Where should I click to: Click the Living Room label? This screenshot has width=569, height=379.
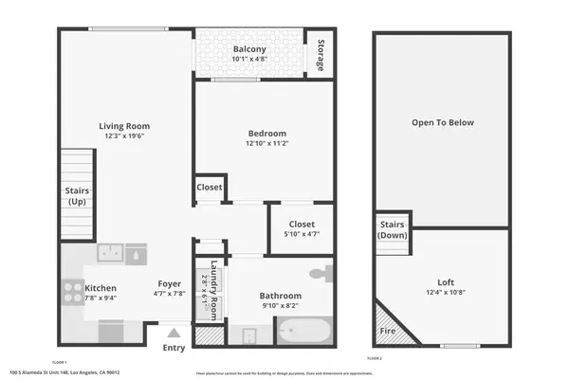click(x=125, y=126)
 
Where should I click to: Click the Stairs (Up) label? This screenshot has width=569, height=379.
click(x=77, y=196)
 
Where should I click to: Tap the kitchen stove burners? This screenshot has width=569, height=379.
click(x=72, y=290)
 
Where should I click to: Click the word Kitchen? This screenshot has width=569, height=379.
click(x=101, y=288)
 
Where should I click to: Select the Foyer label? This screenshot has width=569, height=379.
click(x=170, y=282)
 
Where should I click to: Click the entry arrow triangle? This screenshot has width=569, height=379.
click(x=174, y=333)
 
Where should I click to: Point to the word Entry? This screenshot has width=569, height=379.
click(x=174, y=348)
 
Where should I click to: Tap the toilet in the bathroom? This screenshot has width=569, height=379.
click(x=325, y=274)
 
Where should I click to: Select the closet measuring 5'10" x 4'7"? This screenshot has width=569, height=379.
click(x=302, y=228)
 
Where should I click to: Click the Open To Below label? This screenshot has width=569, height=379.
click(x=442, y=123)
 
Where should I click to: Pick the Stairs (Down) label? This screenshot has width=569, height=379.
click(x=393, y=230)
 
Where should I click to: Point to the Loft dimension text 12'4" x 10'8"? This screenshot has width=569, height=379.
click(x=446, y=293)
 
